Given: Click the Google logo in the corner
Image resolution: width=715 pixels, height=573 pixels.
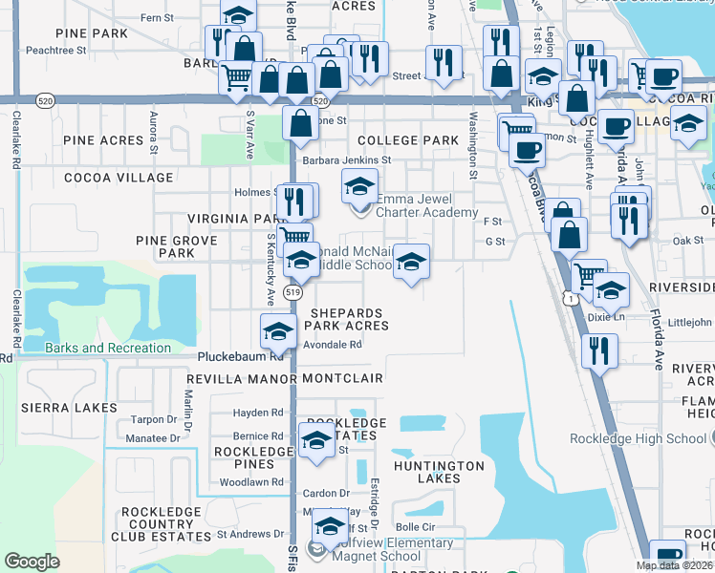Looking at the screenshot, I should point(32,562).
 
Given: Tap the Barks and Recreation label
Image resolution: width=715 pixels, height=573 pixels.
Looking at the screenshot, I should point(108,348).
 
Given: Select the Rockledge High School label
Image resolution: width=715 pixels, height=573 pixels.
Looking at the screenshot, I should point(639,438).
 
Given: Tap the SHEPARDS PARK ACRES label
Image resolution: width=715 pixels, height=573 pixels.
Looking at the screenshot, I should point(346,319).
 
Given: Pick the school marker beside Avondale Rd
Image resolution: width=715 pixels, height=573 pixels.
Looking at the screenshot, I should point(278,331).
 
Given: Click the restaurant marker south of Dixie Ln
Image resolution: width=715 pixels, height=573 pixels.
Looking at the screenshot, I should point(599,350).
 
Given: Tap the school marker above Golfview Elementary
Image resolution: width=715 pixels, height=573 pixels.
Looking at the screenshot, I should point(331,526).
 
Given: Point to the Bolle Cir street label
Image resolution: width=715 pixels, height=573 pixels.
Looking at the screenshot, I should point(416,526).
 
